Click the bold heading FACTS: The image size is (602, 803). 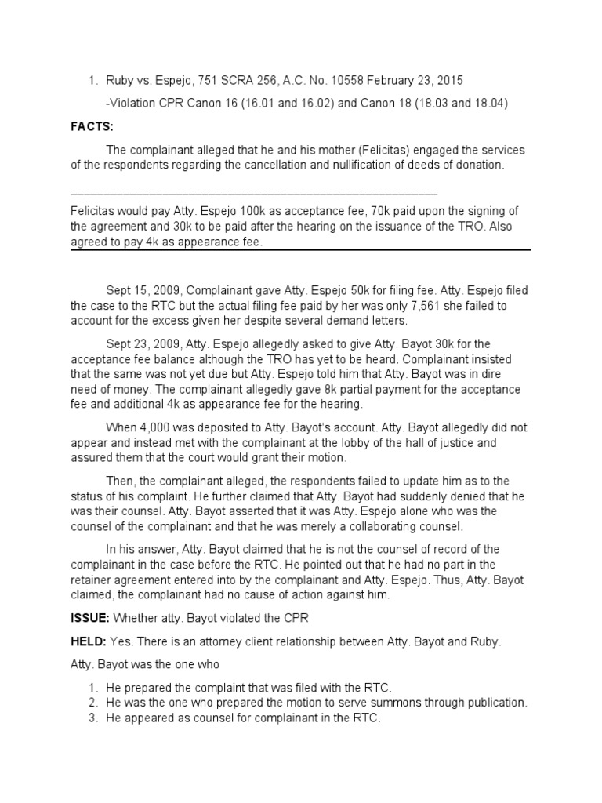click(x=92, y=125)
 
